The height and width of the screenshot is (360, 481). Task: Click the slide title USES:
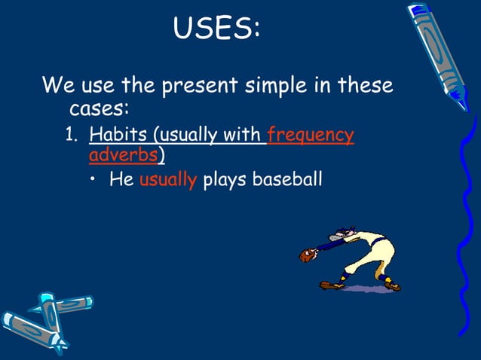(217, 29)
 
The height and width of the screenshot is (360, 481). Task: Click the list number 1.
(70, 136)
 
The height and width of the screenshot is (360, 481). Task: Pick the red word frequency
(311, 136)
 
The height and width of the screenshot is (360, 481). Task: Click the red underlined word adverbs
(123, 156)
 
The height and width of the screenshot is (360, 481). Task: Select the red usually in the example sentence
(167, 180)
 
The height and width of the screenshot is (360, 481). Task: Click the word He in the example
(121, 180)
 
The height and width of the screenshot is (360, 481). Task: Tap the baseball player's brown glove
(306, 256)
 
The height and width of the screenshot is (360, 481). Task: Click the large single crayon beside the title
(439, 53)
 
